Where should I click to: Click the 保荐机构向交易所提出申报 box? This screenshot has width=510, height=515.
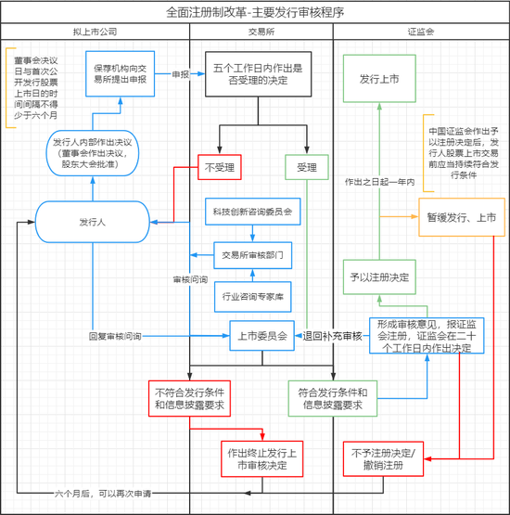[123, 74]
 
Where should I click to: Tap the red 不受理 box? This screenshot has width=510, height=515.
[219, 168]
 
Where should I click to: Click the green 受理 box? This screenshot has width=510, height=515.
[306, 168]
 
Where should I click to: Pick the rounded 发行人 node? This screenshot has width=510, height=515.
[93, 223]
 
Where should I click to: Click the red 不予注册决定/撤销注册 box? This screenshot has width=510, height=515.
[386, 458]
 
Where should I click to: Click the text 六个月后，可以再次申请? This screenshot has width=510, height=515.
[102, 494]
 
